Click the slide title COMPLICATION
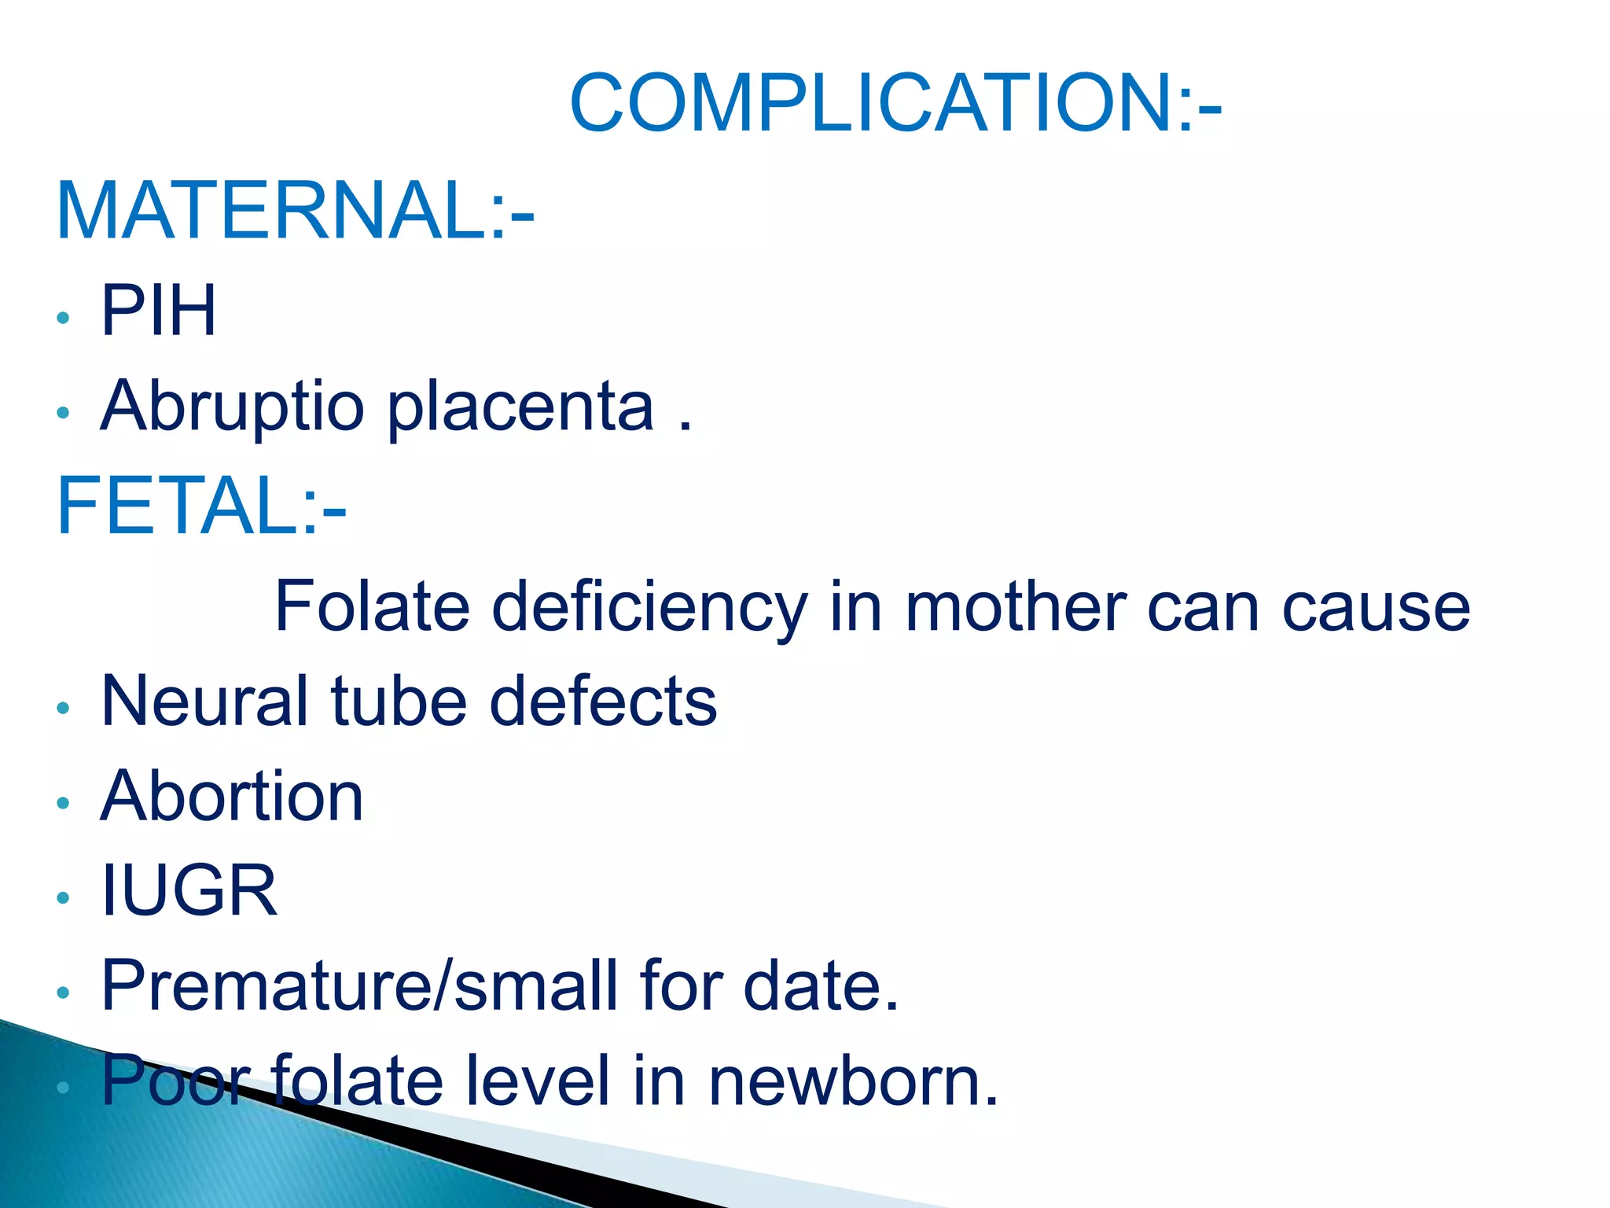tap(895, 103)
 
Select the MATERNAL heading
tap(295, 211)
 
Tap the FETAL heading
tap(200, 506)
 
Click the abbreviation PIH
tap(159, 311)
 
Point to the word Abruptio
tap(233, 407)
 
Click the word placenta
tap(521, 407)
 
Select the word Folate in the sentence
tap(372, 606)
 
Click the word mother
tap(1016, 606)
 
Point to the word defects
tap(603, 701)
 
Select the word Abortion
tap(233, 797)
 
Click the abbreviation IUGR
tap(189, 891)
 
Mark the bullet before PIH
tap(64, 318)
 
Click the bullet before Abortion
tap(64, 803)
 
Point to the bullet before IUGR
tap(64, 897)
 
